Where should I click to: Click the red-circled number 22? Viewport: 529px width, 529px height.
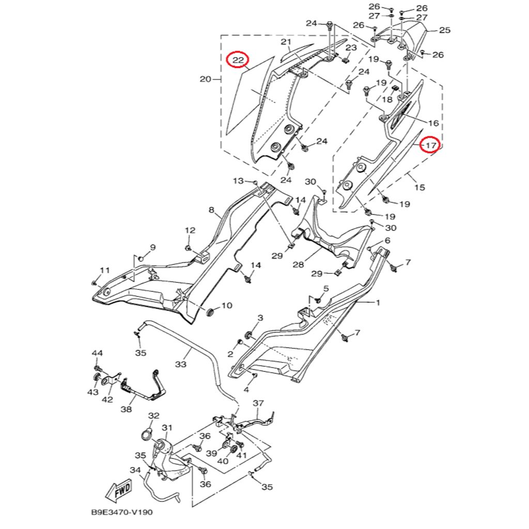point(238,60)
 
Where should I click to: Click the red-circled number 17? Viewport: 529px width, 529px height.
point(431,145)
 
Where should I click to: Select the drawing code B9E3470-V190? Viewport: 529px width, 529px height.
point(122,512)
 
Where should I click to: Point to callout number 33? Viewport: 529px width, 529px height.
point(181,364)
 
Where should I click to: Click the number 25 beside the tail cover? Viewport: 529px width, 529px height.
point(445,30)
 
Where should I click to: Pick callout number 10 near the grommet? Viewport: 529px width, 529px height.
point(227,305)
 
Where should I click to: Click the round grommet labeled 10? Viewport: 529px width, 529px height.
point(210,312)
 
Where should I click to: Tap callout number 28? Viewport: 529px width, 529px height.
point(298,264)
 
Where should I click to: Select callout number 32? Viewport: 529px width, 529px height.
point(153,415)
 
